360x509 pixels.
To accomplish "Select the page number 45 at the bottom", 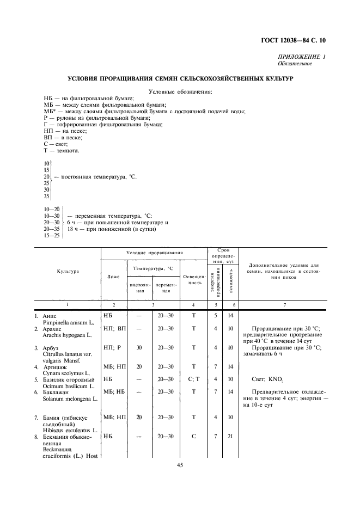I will point(180,465).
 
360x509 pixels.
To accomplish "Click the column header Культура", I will point(67,271).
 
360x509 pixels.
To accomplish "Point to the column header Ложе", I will point(113,277).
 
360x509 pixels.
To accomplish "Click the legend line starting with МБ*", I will point(144,112).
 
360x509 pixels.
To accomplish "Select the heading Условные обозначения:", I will point(180,91).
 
